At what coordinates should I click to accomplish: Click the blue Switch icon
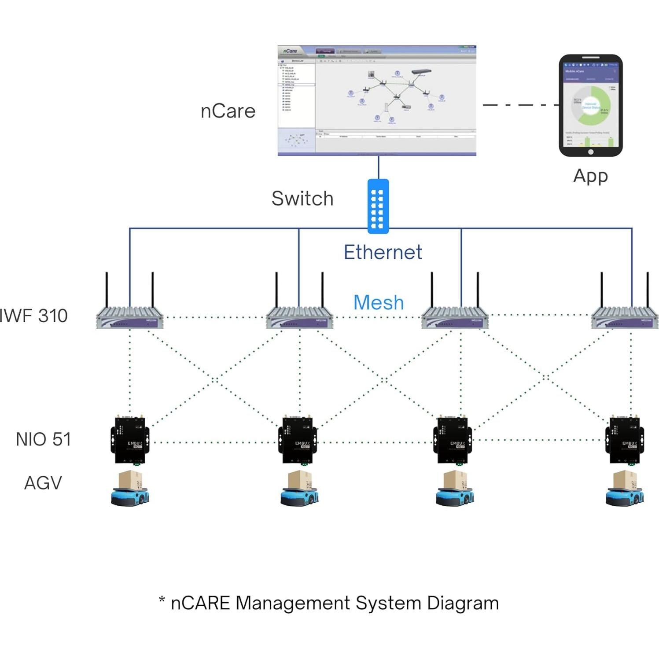378,206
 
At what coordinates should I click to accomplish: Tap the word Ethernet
383,253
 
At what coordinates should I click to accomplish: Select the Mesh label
379,303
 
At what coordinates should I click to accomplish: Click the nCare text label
228,111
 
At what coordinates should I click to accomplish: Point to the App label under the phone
590,176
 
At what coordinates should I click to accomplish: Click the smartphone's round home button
590,152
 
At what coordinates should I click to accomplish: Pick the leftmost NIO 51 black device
129,440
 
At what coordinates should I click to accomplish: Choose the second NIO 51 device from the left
298,440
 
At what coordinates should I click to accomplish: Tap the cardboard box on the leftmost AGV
131,479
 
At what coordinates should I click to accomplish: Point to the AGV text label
43,483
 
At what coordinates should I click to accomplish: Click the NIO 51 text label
43,439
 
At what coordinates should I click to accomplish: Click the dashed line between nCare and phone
519,105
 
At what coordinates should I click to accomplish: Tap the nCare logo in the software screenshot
290,51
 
